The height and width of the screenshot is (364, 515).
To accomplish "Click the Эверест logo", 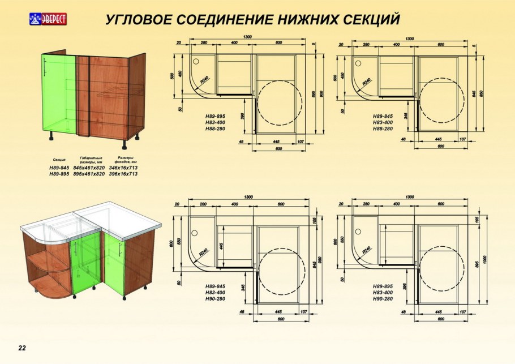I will pos(47,19).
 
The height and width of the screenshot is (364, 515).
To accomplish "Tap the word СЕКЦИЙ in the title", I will pos(372,19).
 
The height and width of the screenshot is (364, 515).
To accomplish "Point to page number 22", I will pos(22,348).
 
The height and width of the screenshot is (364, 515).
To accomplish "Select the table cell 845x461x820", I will pos(89,168).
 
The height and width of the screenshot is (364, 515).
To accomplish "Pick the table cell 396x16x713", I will pos(123,174).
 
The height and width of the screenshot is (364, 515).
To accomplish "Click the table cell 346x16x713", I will pos(123,168).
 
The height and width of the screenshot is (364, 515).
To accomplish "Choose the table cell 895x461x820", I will pos(89,174).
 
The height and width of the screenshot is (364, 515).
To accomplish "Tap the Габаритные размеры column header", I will pos(91,159).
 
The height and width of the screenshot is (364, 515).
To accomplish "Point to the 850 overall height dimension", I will pos(482,93).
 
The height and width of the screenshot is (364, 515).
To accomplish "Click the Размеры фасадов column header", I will pos(125,159).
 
